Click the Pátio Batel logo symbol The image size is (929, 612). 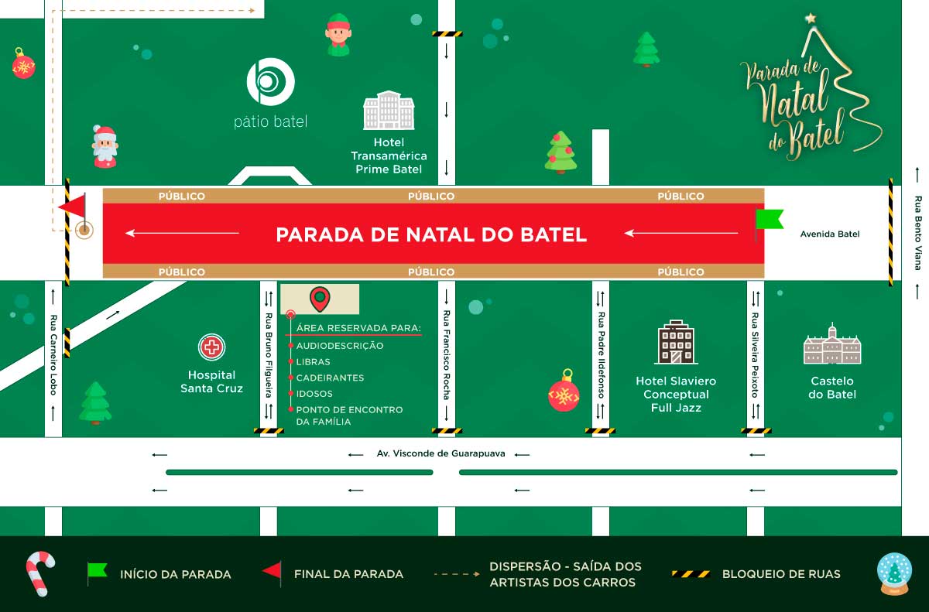(x=270, y=80)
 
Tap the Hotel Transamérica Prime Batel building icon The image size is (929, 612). (x=389, y=111)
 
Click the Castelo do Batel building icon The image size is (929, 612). (x=832, y=345)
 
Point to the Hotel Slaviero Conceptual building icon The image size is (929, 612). (x=676, y=342)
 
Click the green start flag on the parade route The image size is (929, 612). (x=768, y=220)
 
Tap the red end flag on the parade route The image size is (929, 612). (x=73, y=207)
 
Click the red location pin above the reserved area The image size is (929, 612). (x=319, y=298)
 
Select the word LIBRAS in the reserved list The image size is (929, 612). (x=313, y=362)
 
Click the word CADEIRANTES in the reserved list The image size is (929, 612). (x=330, y=378)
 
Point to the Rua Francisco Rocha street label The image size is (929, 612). (x=447, y=355)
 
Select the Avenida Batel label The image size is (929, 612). (x=830, y=234)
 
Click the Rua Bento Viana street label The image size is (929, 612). (x=918, y=232)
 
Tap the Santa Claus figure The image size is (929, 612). (x=105, y=146)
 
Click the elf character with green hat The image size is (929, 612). (x=338, y=35)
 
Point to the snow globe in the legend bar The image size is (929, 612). (x=894, y=574)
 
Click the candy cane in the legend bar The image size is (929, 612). (x=39, y=573)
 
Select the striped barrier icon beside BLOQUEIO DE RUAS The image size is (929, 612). (x=691, y=574)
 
